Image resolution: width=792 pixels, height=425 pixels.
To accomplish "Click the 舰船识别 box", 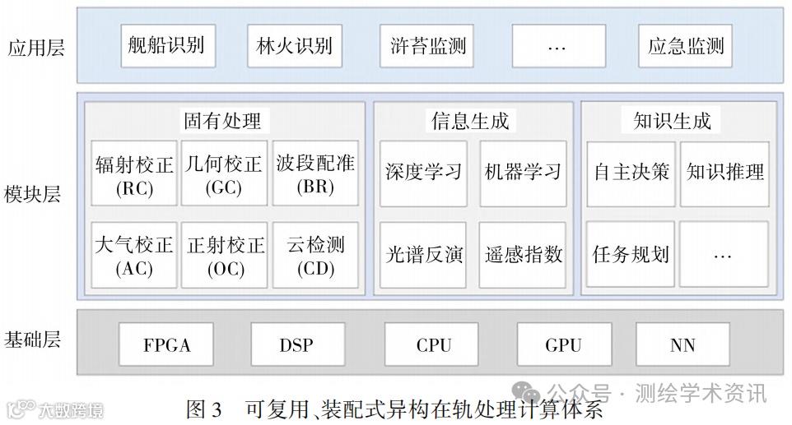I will pyautogui.click(x=168, y=45).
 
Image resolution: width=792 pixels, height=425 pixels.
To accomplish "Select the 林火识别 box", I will pyautogui.click(x=294, y=45).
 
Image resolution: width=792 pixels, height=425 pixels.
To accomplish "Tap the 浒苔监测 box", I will pyautogui.click(x=427, y=45).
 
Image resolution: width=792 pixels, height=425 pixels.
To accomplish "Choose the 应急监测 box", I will pyautogui.click(x=686, y=45).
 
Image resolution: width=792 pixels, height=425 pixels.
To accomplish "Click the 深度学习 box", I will pyautogui.click(x=423, y=173).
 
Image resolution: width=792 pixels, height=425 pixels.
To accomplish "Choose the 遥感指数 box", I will pyautogui.click(x=523, y=254).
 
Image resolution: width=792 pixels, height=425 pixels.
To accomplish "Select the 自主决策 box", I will pyautogui.click(x=631, y=173).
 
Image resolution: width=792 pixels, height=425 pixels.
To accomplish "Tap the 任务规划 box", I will pyautogui.click(x=631, y=254).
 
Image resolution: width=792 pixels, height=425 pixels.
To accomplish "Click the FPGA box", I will pyautogui.click(x=167, y=344).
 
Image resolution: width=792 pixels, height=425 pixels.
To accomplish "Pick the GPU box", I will pyautogui.click(x=563, y=344).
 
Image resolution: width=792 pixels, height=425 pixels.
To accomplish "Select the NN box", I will pyautogui.click(x=683, y=344).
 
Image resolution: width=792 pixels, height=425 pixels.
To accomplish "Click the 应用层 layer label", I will pyautogui.click(x=35, y=47).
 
